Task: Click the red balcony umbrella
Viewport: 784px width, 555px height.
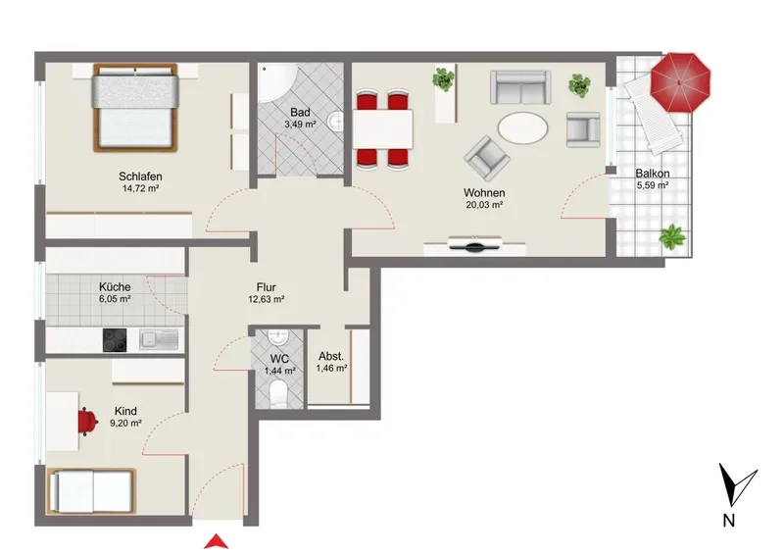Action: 680,82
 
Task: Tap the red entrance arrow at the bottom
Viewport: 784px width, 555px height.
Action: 217,542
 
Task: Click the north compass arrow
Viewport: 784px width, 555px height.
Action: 735,485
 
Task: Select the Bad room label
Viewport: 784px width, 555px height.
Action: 300,113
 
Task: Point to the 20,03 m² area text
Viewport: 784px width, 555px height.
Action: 484,205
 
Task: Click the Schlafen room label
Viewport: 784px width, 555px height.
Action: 140,177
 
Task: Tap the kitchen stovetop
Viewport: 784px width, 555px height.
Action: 115,340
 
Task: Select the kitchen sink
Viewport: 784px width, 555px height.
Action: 159,339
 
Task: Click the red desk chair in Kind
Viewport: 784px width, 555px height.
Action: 87,422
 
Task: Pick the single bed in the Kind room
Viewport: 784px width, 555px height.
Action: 91,492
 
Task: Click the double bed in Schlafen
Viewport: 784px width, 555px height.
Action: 135,108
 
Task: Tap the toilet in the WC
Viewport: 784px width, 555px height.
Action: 278,393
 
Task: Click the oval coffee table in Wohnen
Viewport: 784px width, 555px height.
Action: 523,127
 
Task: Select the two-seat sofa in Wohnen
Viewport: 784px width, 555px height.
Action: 520,87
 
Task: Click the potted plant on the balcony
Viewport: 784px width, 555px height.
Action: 672,236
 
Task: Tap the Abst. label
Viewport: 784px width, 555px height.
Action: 331,356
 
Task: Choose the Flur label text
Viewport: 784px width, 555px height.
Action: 266,287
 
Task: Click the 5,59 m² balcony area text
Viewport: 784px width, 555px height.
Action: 653,185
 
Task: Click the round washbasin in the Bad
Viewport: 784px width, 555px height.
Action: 335,121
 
